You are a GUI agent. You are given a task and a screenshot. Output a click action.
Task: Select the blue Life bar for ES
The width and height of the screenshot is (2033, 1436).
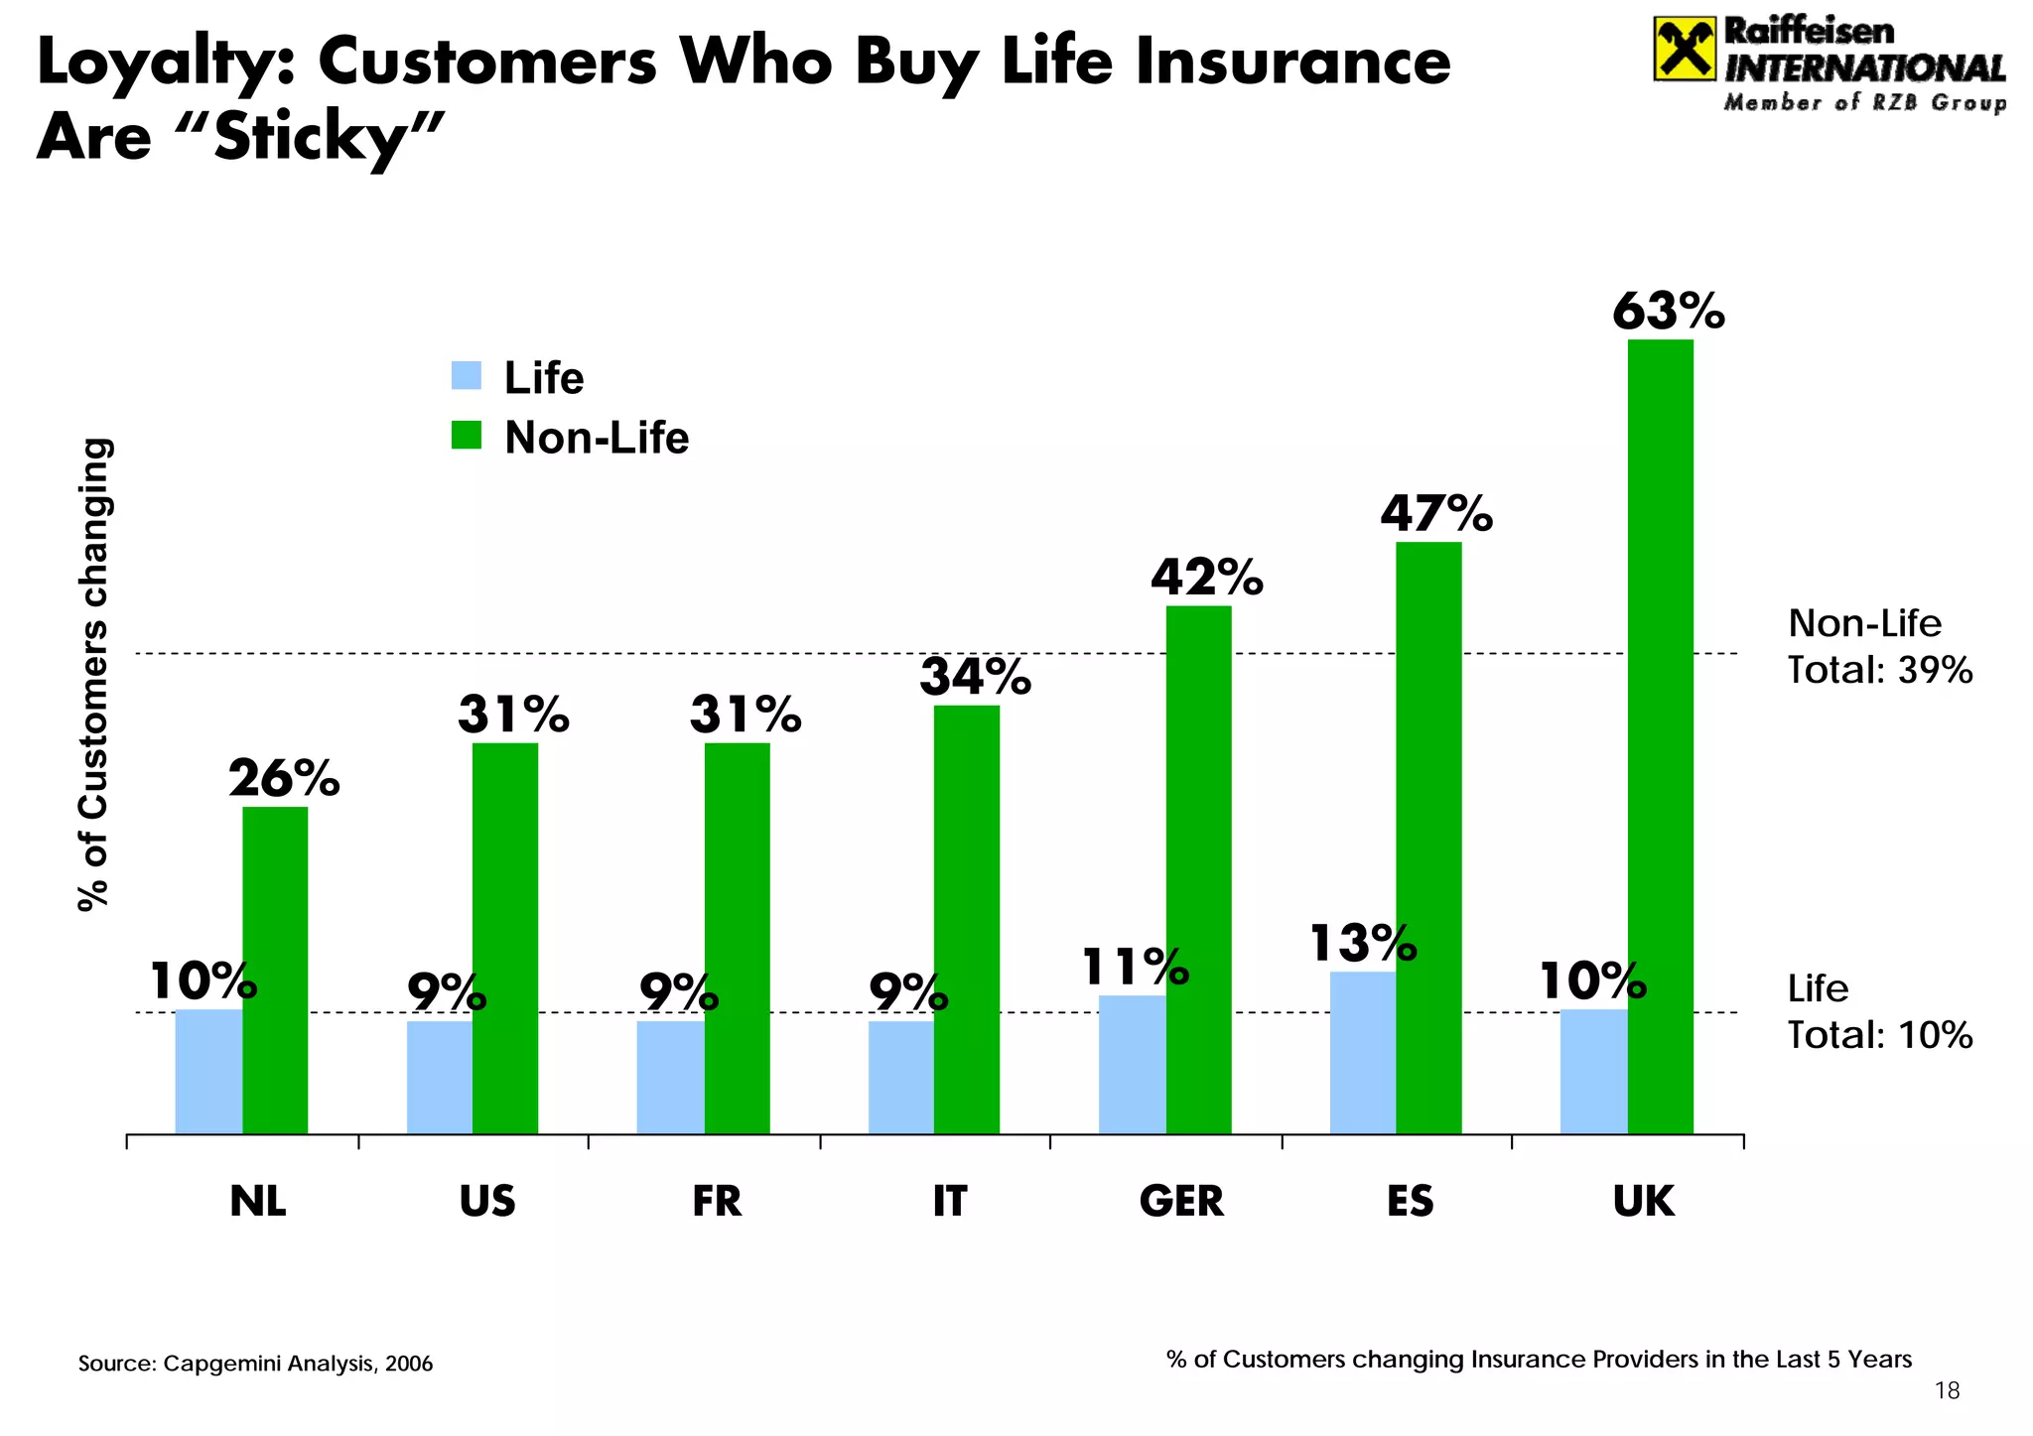tap(1362, 1052)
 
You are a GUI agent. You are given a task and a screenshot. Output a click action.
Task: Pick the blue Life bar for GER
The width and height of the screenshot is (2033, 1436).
tap(1132, 1064)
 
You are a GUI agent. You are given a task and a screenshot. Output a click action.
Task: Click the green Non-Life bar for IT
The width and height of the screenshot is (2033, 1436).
tap(966, 919)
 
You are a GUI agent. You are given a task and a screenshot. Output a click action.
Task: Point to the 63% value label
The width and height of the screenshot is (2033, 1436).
tap(1668, 311)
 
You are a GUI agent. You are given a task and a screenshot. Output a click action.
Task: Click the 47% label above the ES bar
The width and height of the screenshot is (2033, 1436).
tap(1435, 514)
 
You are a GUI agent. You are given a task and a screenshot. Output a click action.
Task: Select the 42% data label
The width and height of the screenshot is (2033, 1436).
tap(1206, 578)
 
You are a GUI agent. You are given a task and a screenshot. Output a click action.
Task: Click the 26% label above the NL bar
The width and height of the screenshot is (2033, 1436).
tap(284, 779)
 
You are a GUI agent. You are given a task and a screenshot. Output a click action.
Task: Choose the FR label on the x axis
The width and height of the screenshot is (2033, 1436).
tap(717, 1201)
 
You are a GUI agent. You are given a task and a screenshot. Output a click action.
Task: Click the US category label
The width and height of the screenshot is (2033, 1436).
tap(487, 1201)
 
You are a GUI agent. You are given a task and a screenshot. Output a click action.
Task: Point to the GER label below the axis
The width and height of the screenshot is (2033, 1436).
tap(1181, 1201)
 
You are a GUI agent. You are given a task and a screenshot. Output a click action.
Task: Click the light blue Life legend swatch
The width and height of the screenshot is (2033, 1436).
tap(466, 376)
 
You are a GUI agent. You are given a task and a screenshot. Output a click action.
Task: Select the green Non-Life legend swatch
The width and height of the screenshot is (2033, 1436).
tap(466, 436)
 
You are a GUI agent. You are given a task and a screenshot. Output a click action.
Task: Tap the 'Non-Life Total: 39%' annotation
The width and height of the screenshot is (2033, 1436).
tap(1879, 647)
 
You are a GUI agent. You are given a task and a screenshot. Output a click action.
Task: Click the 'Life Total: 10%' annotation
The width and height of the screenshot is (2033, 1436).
tap(1879, 1012)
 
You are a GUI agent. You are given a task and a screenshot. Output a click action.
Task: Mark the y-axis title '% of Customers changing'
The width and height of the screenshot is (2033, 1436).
tap(94, 675)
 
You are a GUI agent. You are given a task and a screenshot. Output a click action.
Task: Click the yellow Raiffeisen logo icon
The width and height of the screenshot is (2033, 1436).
tap(1684, 49)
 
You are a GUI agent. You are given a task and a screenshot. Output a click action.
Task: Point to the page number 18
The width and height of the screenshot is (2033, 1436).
tap(1948, 1391)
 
